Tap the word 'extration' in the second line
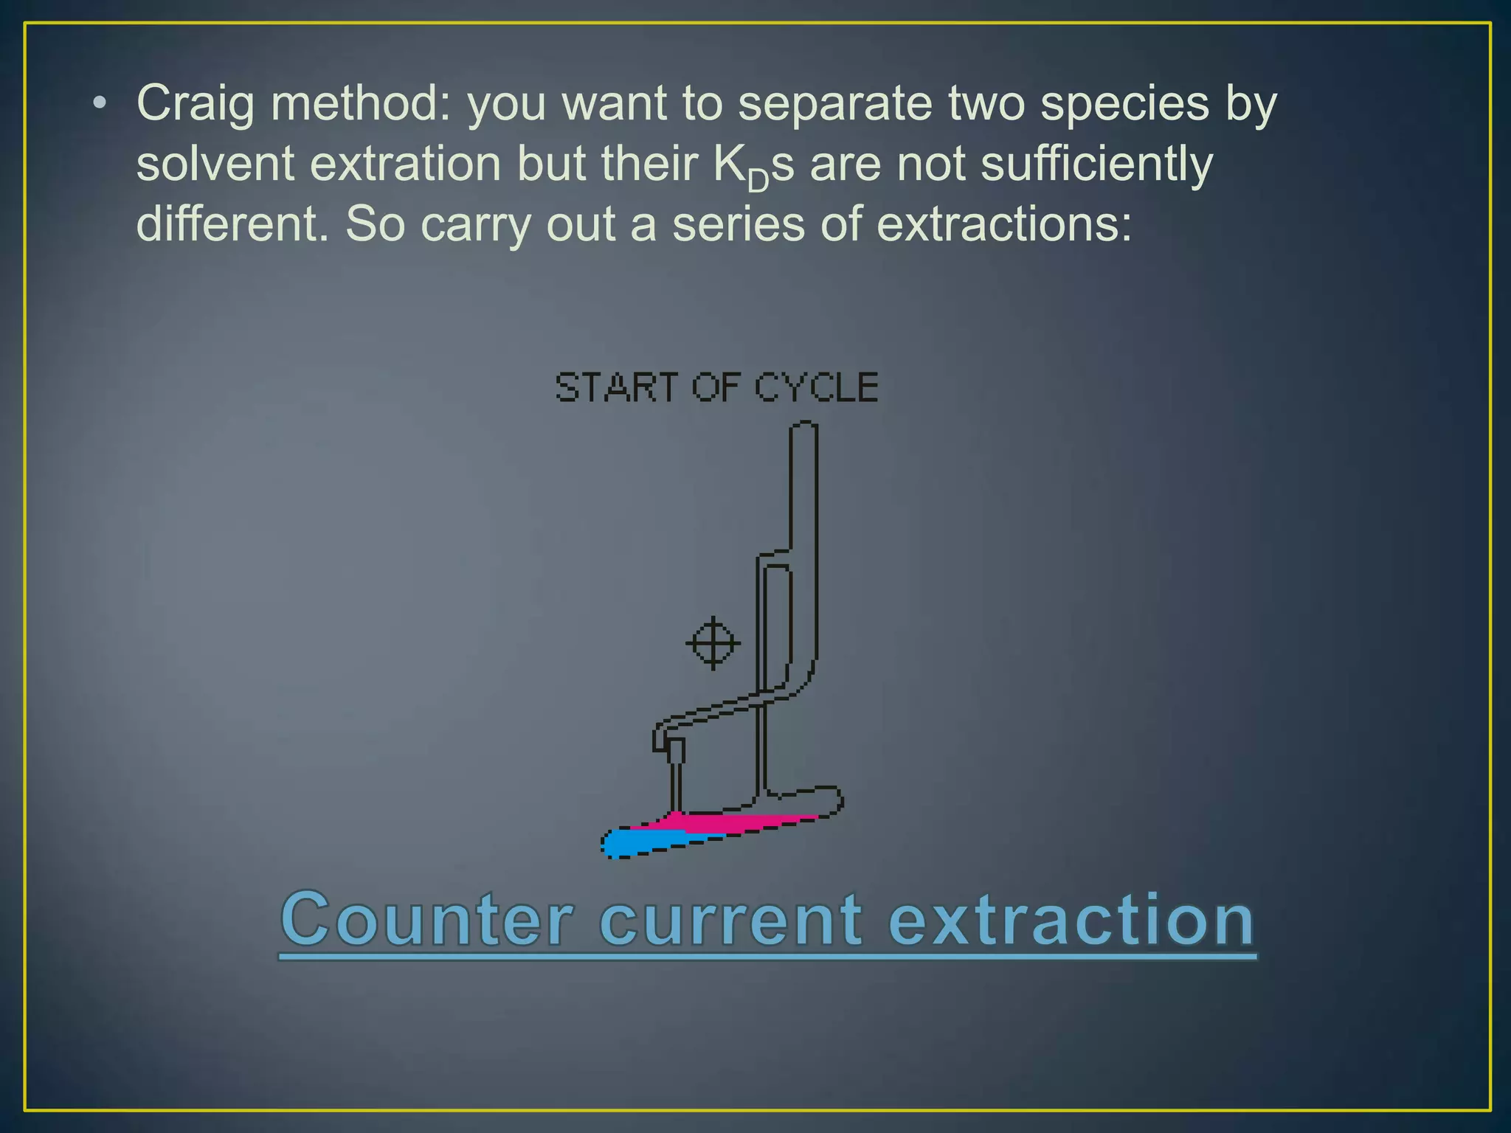click(x=406, y=164)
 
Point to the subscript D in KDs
click(x=758, y=179)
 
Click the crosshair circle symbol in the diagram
click(x=713, y=643)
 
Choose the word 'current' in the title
click(x=730, y=920)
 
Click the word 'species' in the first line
click(x=1124, y=104)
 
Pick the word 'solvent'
click(x=215, y=164)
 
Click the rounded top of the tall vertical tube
click(x=803, y=426)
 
